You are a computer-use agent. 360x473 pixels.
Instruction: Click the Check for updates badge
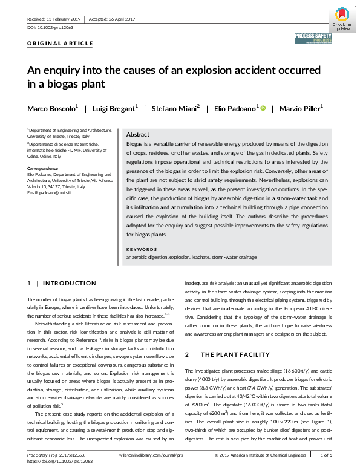click(341, 18)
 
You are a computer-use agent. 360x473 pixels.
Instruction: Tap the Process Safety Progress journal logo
click(313, 40)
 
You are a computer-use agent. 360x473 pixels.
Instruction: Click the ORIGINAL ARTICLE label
click(61, 44)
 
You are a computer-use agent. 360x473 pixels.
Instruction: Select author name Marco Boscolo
click(51, 108)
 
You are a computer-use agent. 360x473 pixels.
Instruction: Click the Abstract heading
click(139, 135)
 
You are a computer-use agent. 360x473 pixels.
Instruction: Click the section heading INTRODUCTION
click(70, 283)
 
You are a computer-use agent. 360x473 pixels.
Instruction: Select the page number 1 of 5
click(326, 455)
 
